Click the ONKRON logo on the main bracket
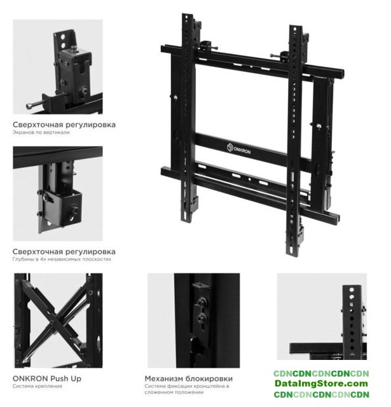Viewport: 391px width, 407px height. coord(238,149)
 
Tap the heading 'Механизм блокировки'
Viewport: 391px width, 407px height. coord(189,379)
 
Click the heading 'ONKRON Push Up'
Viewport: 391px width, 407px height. coord(47,379)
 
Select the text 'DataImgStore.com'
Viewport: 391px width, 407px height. coord(321,383)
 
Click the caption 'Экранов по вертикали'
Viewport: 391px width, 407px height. coord(41,132)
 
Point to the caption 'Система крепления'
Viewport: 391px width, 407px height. coord(38,386)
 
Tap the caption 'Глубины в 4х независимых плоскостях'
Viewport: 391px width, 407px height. coord(62,259)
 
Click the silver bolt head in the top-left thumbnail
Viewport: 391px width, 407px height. coord(29,106)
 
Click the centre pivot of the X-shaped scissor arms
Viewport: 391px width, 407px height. coord(53,322)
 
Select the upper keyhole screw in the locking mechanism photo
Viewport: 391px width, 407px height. coord(202,303)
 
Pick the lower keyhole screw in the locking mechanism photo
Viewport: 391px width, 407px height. coord(202,318)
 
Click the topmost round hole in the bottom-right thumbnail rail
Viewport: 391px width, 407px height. coord(352,289)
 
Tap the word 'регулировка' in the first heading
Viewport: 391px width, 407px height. coord(90,125)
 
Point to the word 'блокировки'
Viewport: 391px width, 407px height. coord(209,379)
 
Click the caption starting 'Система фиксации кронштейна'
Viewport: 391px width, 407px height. coord(187,389)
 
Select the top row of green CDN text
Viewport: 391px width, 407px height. coord(321,373)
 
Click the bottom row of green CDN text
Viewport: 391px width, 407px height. coord(321,394)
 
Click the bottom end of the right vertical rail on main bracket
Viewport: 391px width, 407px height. coord(291,254)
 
